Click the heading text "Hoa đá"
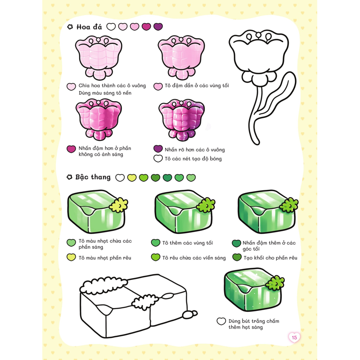click(89, 27)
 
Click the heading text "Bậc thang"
click(93, 177)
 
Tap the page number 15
click(294, 337)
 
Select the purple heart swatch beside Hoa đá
click(158, 27)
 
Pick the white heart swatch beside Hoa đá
click(111, 27)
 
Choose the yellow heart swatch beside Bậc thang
click(132, 177)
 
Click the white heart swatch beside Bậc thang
click(120, 177)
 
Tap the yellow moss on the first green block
click(118, 205)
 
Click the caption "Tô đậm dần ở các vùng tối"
click(197, 85)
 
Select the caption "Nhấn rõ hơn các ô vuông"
click(195, 150)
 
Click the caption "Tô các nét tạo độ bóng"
click(193, 159)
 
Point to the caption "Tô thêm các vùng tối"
click(188, 243)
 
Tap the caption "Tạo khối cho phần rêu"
click(270, 258)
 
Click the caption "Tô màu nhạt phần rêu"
click(105, 258)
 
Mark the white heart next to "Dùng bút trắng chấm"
click(221, 321)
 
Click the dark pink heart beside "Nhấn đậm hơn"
click(71, 149)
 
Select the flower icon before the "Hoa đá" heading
click(70, 27)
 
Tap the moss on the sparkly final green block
click(275, 283)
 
